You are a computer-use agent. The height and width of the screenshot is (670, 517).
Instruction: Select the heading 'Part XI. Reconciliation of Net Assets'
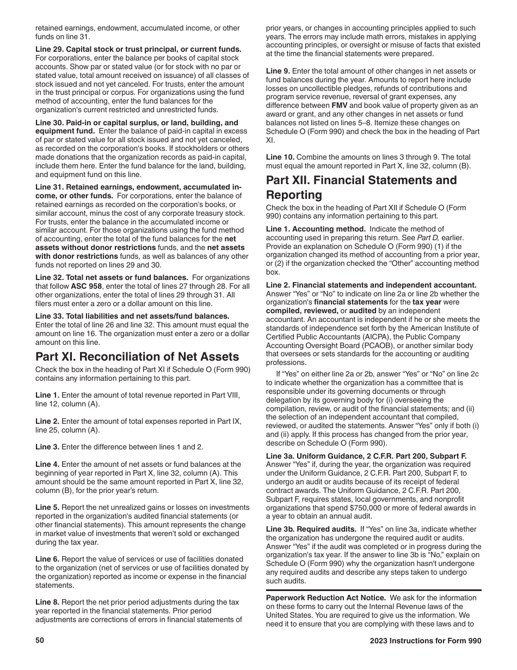137,357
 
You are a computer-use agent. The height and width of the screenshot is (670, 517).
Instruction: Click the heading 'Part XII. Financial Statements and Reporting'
361,187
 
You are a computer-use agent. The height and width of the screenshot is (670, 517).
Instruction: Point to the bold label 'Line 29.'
51,50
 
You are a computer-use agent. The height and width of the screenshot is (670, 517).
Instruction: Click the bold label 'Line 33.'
51,316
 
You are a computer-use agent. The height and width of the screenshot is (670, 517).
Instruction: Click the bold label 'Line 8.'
48,602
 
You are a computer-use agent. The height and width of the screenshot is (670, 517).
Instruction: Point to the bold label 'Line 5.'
48,507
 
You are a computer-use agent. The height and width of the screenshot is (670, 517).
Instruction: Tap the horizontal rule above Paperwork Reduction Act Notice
373,590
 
